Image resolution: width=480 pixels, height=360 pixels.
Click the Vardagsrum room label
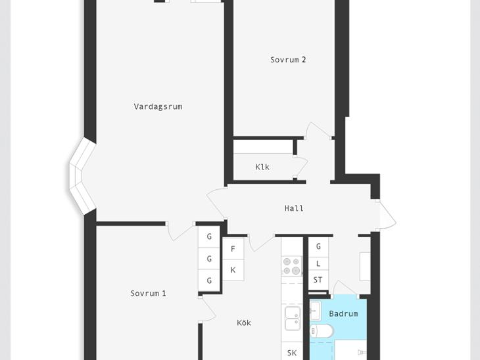[x=158, y=106]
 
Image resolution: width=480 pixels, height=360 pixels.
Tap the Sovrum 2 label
[x=288, y=60]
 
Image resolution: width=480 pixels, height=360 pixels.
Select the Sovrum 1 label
[x=148, y=294]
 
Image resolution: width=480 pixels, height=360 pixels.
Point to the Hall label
[x=294, y=208]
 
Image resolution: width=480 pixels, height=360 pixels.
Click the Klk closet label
[x=262, y=167]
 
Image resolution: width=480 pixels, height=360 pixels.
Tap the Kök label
[x=244, y=323]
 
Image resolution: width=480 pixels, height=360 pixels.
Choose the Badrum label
[x=343, y=313]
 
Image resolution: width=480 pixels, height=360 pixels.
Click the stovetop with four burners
[x=292, y=266]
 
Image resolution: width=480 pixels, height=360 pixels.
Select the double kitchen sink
[x=293, y=318]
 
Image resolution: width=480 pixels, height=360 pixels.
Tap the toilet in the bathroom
[x=322, y=331]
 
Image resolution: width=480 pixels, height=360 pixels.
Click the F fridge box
[x=233, y=249]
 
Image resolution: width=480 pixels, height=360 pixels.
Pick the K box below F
[x=233, y=270]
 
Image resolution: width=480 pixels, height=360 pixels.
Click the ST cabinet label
[x=318, y=280]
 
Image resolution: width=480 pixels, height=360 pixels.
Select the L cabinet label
[x=318, y=263]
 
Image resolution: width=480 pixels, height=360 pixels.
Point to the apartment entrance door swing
[x=387, y=215]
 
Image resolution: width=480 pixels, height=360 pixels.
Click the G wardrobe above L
[x=318, y=246]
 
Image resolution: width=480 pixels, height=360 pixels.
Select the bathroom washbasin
[x=315, y=311]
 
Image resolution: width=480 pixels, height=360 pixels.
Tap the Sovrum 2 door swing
[x=318, y=129]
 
